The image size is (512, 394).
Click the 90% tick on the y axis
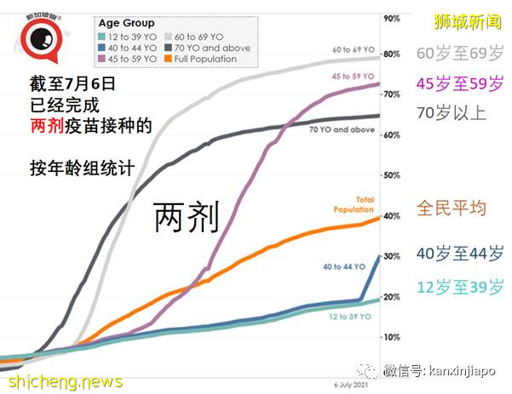coord(392,18)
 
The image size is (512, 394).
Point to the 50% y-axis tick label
coord(392,175)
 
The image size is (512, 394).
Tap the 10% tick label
coord(392,337)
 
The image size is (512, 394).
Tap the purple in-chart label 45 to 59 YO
coord(353,77)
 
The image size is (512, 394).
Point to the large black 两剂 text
coord(187,218)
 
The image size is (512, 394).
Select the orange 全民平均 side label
coord(451,207)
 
